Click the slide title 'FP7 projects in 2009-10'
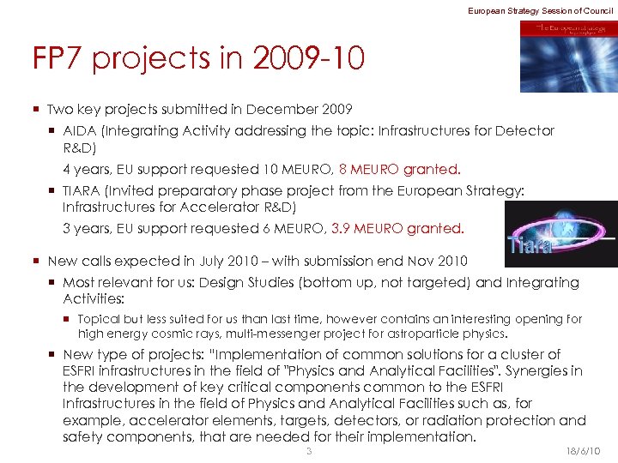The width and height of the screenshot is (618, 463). [198, 59]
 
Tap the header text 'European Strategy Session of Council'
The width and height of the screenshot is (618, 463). [541, 9]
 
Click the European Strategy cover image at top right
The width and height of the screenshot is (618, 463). [567, 56]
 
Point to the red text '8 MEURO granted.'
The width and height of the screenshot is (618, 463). [400, 169]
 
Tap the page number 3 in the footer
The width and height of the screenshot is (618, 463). [309, 451]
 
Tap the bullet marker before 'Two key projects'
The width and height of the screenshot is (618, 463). [37, 110]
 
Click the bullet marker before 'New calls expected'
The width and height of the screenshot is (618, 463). [37, 261]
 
